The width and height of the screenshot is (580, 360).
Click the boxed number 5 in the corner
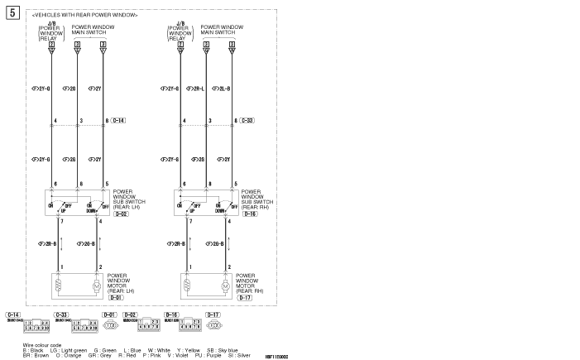[12, 13]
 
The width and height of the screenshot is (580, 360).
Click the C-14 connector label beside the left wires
[118, 122]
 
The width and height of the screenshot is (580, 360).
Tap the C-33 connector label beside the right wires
[247, 122]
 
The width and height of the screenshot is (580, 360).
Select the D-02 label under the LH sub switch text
[121, 215]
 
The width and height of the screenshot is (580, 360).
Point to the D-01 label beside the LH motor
[128, 297]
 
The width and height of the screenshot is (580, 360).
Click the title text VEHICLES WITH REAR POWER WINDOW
[84, 15]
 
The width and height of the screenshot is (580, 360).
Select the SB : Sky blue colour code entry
[222, 349]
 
